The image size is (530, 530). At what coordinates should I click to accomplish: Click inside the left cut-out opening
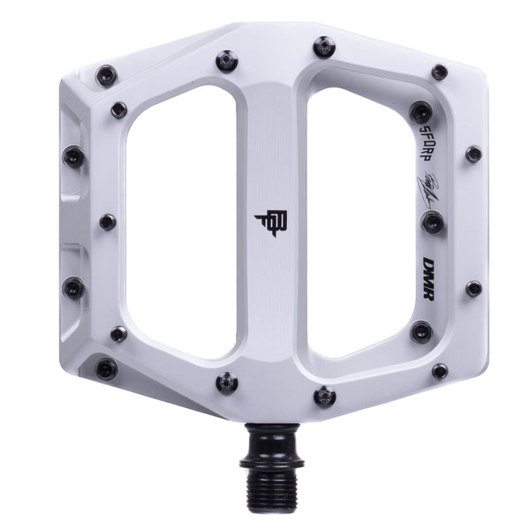[182, 221]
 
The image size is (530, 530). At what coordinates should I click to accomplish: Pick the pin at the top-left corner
[107, 74]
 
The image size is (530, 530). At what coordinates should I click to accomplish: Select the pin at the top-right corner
[439, 72]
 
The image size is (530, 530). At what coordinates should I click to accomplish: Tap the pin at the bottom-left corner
[107, 368]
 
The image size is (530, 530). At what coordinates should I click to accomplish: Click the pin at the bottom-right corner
[439, 371]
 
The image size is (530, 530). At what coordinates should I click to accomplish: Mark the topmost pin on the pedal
[324, 46]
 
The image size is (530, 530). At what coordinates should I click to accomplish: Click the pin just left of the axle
[227, 382]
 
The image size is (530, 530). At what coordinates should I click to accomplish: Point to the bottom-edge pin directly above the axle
[324, 395]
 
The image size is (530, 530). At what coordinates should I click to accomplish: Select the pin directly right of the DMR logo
[473, 289]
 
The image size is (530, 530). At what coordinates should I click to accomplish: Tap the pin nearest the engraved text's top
[421, 112]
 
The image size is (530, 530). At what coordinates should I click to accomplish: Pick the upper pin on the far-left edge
[73, 157]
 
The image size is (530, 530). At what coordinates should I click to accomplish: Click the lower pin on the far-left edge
[74, 288]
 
